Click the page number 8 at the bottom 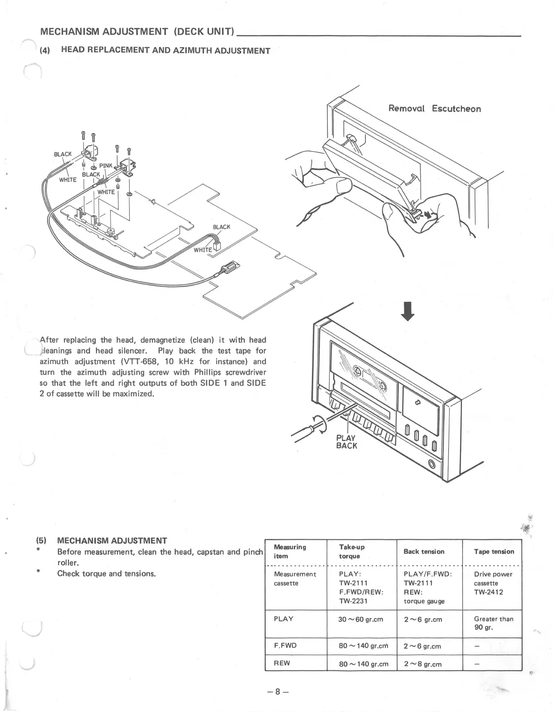tap(277, 692)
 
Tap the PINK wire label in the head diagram tap(106, 166)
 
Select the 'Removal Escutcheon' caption tap(434, 109)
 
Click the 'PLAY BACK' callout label tap(346, 442)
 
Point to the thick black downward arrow tap(408, 311)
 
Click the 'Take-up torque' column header tap(352, 552)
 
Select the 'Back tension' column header tap(424, 552)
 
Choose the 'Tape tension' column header tap(494, 552)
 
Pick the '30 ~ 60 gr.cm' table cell tap(361, 619)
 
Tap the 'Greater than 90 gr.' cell tap(494, 623)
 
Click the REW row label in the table tap(282, 663)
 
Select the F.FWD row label tap(285, 645)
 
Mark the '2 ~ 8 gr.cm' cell tap(422, 664)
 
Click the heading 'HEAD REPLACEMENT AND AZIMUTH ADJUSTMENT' tap(165, 50)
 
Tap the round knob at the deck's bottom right tap(432, 464)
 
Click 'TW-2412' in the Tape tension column tap(489, 592)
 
